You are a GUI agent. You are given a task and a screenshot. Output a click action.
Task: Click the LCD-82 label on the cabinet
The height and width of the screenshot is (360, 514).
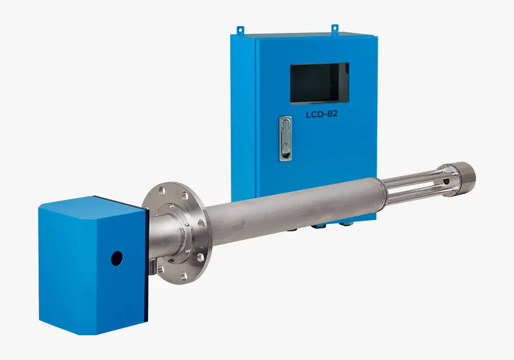[322, 114]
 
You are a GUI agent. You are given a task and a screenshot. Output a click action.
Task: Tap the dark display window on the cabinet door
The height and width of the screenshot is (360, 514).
[319, 83]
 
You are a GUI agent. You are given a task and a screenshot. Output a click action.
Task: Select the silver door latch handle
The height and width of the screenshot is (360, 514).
[285, 138]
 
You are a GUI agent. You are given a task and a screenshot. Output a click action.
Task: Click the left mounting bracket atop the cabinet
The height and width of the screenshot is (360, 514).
[241, 30]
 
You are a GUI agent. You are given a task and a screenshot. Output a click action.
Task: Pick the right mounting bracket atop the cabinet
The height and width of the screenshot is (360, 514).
[335, 29]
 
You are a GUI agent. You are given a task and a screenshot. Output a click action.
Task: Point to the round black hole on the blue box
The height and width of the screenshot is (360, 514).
[117, 258]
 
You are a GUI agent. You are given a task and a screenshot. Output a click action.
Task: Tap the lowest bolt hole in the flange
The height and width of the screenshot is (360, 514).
[183, 276]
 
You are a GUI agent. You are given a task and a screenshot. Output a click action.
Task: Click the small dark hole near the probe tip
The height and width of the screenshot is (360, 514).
[446, 182]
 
